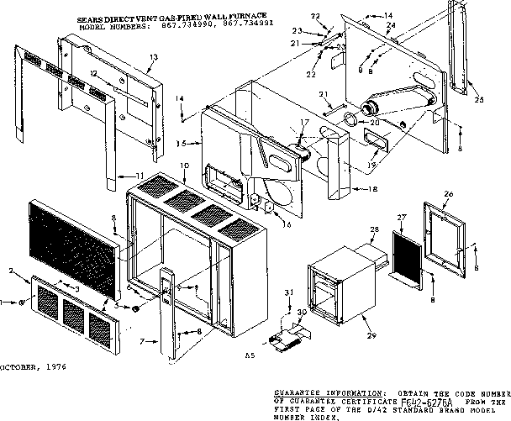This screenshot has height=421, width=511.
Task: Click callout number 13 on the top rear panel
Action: pos(152,56)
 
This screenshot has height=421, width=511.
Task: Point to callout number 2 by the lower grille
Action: pos(12,271)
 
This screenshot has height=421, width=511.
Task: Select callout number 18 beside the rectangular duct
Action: pos(372,189)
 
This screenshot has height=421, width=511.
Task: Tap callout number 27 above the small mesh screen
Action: pos(401,217)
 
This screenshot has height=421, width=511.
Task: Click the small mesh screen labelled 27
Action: pos(405,249)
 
